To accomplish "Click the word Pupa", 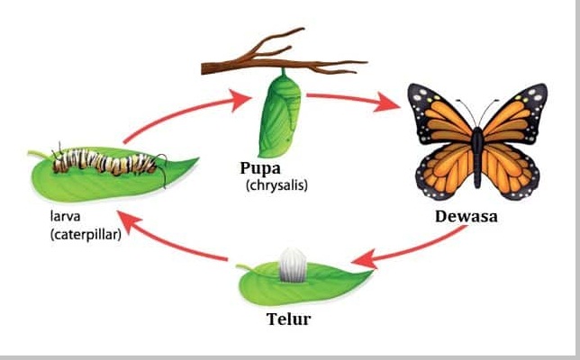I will pyautogui.click(x=261, y=168).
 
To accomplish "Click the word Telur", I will pyautogui.click(x=290, y=319).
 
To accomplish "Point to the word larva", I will pyautogui.click(x=66, y=217).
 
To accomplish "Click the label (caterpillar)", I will pyautogui.click(x=86, y=236).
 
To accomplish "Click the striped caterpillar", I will pyautogui.click(x=108, y=163).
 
